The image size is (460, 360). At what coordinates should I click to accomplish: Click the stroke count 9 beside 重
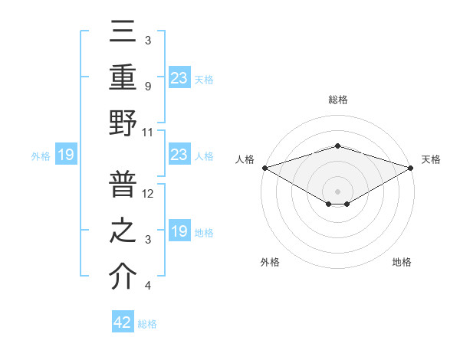pyautogui.click(x=147, y=87)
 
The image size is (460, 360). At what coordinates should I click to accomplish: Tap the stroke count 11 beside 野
pyautogui.click(x=149, y=132)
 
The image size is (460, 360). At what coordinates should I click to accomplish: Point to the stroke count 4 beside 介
pyautogui.click(x=147, y=286)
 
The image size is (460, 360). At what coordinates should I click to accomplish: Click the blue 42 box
pyautogui.click(x=123, y=322)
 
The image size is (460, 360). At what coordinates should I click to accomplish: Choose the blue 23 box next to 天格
pyautogui.click(x=179, y=77)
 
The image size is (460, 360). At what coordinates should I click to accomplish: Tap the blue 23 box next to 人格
pyautogui.click(x=179, y=155)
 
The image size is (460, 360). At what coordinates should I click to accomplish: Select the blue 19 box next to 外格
pyautogui.click(x=66, y=155)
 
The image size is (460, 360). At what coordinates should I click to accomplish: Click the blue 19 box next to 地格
pyautogui.click(x=179, y=231)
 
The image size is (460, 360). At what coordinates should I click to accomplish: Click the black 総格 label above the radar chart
pyautogui.click(x=337, y=100)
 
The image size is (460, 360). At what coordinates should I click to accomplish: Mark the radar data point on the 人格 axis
pyautogui.click(x=264, y=168)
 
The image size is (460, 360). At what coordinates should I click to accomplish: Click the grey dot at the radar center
pyautogui.click(x=337, y=191)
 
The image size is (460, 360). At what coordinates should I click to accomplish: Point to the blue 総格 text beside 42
pyautogui.click(x=147, y=324)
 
